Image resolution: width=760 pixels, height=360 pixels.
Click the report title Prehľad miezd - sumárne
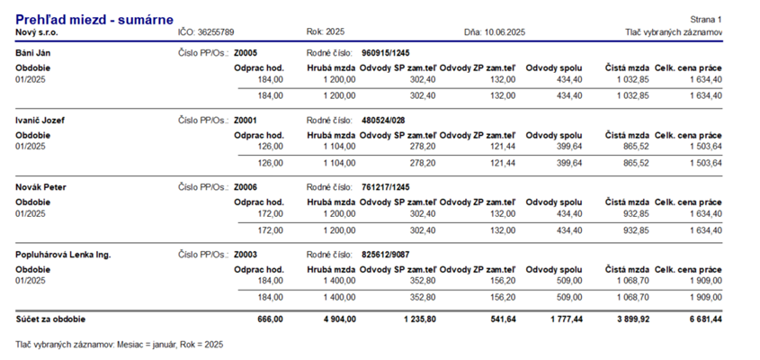click(x=94, y=20)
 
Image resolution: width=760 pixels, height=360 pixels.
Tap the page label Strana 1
click(x=706, y=20)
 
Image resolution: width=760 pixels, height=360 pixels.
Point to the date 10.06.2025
click(x=505, y=32)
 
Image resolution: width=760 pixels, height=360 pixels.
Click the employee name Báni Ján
click(x=33, y=53)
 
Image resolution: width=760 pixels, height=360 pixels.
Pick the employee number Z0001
click(x=246, y=121)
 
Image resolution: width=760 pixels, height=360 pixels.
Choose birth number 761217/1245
click(x=385, y=187)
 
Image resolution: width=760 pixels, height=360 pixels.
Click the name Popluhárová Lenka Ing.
click(x=63, y=255)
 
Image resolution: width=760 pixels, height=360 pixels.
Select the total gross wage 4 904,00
click(x=340, y=319)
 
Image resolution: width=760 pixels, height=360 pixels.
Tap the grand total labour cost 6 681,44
click(x=706, y=319)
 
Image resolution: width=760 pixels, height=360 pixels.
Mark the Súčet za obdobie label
click(x=50, y=319)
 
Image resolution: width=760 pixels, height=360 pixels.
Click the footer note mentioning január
click(x=120, y=345)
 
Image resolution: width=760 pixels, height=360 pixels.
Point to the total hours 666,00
click(x=271, y=319)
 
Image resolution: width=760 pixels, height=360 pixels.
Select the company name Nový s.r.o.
click(x=37, y=32)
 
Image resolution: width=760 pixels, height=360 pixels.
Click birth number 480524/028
click(x=383, y=121)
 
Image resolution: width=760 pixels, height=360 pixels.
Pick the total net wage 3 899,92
click(x=632, y=319)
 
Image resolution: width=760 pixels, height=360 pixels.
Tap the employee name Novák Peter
click(x=40, y=187)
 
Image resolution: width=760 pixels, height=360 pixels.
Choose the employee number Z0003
click(x=246, y=255)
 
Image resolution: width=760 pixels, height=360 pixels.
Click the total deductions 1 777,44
click(x=566, y=319)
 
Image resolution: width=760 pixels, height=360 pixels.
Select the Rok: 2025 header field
click(x=326, y=32)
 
